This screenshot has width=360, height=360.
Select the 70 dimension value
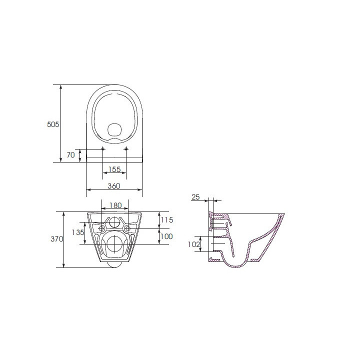click(x=70, y=155)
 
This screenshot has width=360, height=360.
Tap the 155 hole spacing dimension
click(x=114, y=170)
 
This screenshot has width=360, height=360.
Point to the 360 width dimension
click(x=114, y=186)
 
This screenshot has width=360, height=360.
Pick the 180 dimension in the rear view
click(x=115, y=205)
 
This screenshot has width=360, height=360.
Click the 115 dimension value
click(x=166, y=220)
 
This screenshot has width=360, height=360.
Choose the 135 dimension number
click(x=77, y=232)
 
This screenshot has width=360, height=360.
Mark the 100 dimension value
click(x=166, y=236)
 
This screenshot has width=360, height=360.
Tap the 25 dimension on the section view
click(x=195, y=197)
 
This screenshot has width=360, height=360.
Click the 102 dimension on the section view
click(x=194, y=244)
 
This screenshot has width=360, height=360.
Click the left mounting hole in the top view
click(x=103, y=149)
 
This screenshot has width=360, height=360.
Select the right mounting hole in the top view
click(x=126, y=149)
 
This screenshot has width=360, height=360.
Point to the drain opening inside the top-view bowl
click(x=114, y=130)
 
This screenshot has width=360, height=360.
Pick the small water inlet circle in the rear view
click(x=114, y=223)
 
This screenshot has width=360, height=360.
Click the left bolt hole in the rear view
click(x=102, y=229)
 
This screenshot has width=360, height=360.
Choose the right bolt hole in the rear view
click(x=127, y=229)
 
